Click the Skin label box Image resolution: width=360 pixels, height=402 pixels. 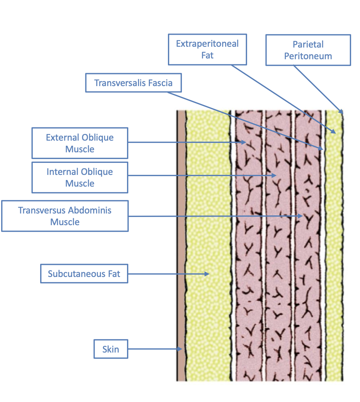[111, 349]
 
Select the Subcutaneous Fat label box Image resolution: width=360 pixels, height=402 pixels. [84, 274]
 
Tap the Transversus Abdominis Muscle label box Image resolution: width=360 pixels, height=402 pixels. [65, 216]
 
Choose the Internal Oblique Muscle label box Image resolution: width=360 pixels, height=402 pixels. [80, 178]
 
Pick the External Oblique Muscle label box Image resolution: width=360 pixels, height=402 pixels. [80, 143]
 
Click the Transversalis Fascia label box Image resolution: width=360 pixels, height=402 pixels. [133, 83]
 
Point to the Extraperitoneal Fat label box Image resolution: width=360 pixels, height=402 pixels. [207, 49]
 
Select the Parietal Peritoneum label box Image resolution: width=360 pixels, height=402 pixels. [308, 50]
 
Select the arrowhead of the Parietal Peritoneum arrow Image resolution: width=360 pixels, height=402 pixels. [342, 112]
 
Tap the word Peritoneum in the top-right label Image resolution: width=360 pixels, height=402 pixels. [308, 56]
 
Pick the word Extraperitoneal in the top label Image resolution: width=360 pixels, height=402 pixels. [207, 44]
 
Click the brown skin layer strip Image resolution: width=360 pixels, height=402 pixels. [181, 234]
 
